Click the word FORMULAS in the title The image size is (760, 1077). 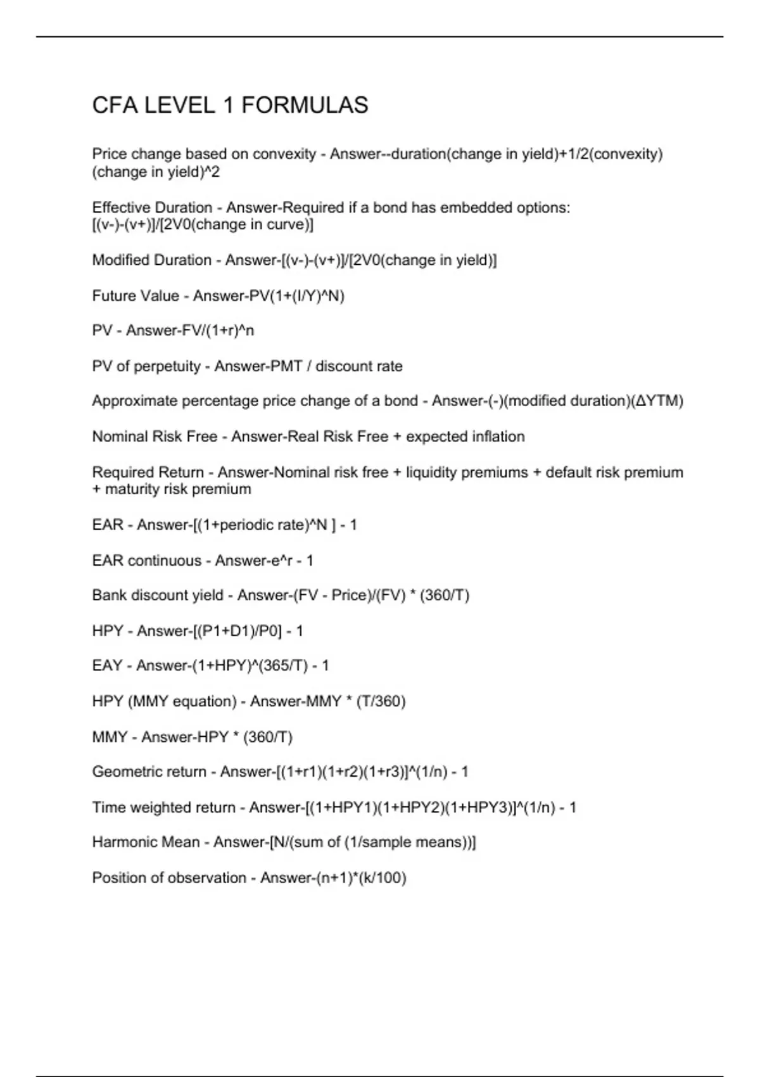pyautogui.click(x=305, y=105)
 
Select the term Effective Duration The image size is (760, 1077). pyautogui.click(x=152, y=208)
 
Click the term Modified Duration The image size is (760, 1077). pyautogui.click(x=152, y=260)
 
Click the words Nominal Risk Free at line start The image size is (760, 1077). pyautogui.click(x=155, y=437)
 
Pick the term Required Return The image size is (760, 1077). pyautogui.click(x=148, y=473)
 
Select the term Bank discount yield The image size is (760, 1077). pyautogui.click(x=158, y=596)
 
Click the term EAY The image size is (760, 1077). pyautogui.click(x=107, y=666)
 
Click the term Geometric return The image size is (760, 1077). pyautogui.click(x=149, y=772)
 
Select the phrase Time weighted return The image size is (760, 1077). pyautogui.click(x=163, y=808)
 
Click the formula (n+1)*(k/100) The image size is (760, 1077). pyautogui.click(x=333, y=878)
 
